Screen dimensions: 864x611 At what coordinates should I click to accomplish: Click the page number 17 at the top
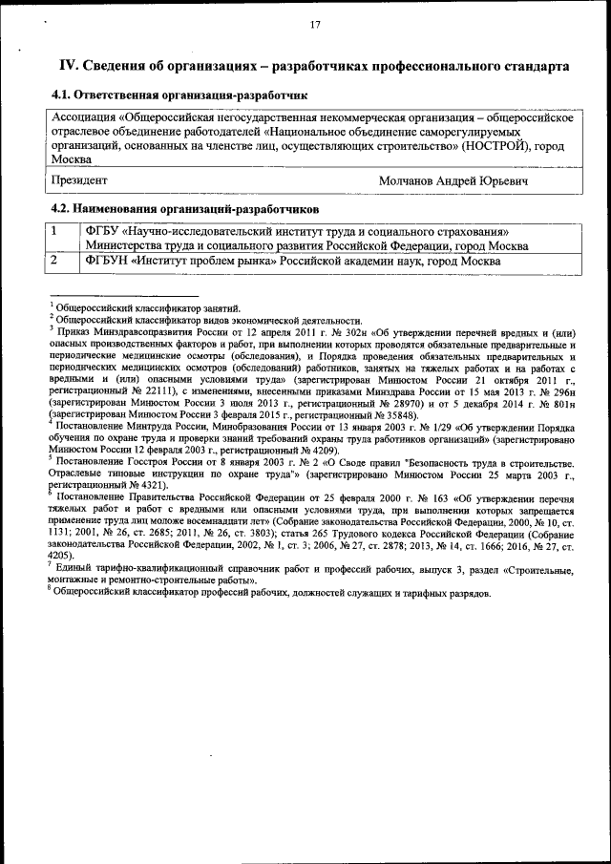coord(314,26)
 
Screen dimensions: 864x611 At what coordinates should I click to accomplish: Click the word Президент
coord(79,179)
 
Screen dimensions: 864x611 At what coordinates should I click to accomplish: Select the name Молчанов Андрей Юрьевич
coord(453,179)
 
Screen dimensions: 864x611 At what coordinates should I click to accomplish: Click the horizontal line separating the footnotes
coord(123,297)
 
